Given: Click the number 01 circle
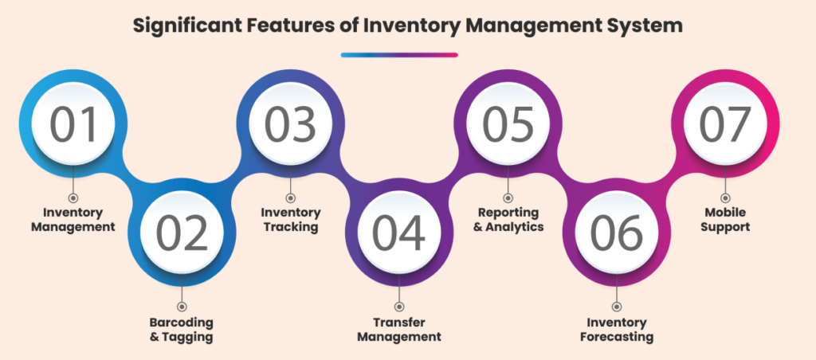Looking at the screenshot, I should (73, 124).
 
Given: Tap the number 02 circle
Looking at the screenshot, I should (182, 232).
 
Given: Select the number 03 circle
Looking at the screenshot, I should (290, 124).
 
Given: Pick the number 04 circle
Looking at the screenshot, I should (398, 232).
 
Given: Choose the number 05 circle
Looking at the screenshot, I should (508, 124).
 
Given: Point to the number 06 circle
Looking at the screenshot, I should (616, 232).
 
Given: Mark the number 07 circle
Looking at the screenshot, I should (724, 124).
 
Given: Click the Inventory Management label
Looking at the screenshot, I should (73, 220).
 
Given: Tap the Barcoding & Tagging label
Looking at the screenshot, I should (182, 330).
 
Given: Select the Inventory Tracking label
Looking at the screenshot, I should (291, 220).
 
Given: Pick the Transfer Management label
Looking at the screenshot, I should (398, 330).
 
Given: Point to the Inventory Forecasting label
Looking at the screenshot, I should (616, 330).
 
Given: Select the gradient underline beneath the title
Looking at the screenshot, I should (398, 55).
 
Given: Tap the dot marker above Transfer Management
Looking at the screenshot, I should (398, 306).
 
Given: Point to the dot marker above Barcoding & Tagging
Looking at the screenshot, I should (182, 306).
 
